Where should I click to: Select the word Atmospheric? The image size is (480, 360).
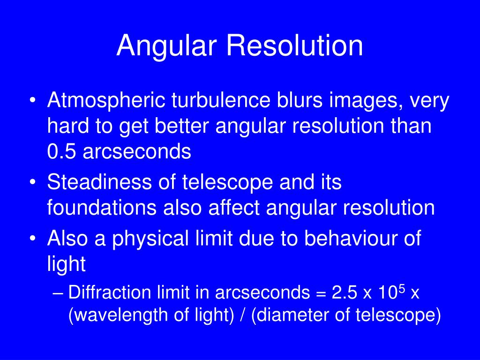107,102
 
